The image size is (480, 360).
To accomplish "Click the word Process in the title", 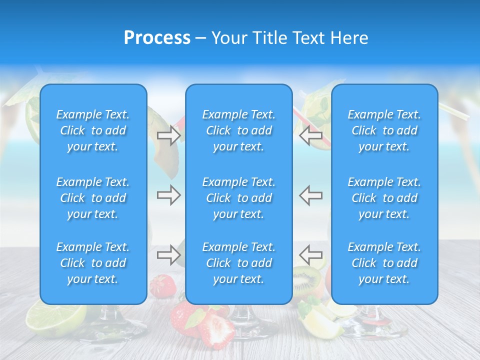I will pos(157,38).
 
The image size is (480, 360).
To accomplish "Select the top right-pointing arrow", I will pos(168,135).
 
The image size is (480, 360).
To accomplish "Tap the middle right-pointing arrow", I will pos(168,195).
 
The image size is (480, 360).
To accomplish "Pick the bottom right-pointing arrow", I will pos(168,255).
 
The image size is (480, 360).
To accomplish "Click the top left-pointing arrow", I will pos(310,135).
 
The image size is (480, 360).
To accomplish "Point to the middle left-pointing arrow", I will pos(310,195).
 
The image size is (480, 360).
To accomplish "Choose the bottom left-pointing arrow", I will pos(310,255).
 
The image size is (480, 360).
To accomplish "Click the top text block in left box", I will pos(93,130).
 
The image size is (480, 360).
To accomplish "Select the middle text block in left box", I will pos(93,198).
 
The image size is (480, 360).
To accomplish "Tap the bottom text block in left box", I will pos(93,263).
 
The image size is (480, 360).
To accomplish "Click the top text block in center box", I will pos(238,130).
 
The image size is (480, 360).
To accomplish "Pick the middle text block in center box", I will pos(238,198).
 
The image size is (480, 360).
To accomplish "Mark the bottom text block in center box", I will pos(238,263).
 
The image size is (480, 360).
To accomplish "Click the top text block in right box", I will pos(384,130).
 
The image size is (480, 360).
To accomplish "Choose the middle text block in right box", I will pos(384,198).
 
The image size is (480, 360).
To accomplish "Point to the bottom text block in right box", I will pos(384,263).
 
